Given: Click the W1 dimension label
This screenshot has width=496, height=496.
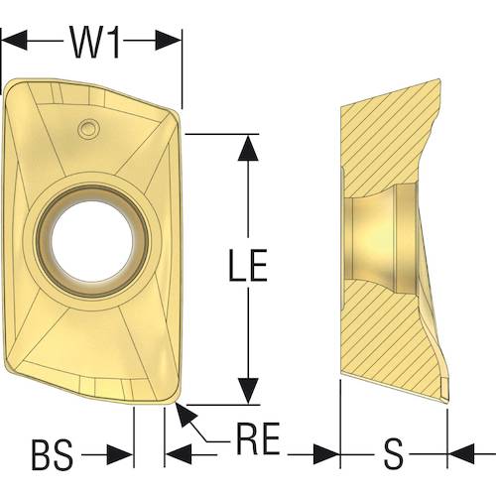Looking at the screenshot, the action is (94, 43).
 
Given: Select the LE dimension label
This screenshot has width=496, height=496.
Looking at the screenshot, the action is (248, 265).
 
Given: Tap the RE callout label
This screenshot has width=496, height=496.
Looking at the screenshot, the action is (258, 438).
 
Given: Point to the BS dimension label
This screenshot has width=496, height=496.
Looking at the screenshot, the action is (53, 454).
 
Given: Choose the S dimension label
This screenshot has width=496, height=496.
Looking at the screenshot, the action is (394, 453).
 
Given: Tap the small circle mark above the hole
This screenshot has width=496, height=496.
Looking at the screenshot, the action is (88, 128).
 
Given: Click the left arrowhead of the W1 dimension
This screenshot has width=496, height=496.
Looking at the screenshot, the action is (14, 41).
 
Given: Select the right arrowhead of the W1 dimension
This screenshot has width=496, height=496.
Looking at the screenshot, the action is (169, 41).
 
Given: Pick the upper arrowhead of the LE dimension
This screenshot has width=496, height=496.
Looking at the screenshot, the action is (248, 148).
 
